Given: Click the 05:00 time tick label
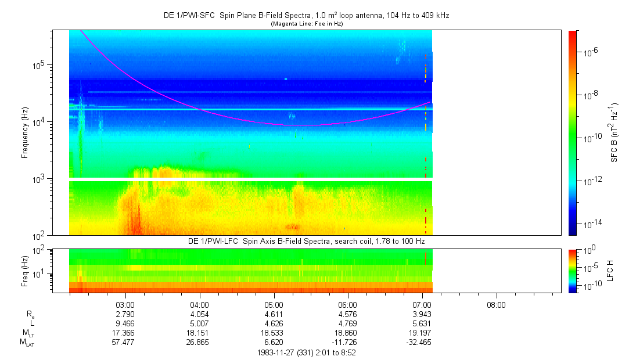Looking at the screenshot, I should point(274,305).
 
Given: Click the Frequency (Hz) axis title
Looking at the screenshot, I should point(25,133).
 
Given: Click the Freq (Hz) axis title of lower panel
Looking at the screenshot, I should point(25,270).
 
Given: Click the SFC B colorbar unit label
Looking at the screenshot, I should point(613,133).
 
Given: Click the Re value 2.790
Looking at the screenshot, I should point(126,314).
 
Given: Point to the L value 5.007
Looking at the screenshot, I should point(200,323).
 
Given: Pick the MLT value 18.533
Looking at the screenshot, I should point(274,332).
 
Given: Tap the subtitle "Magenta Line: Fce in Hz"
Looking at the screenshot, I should point(305,24).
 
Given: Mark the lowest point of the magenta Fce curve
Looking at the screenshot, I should point(307,125).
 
